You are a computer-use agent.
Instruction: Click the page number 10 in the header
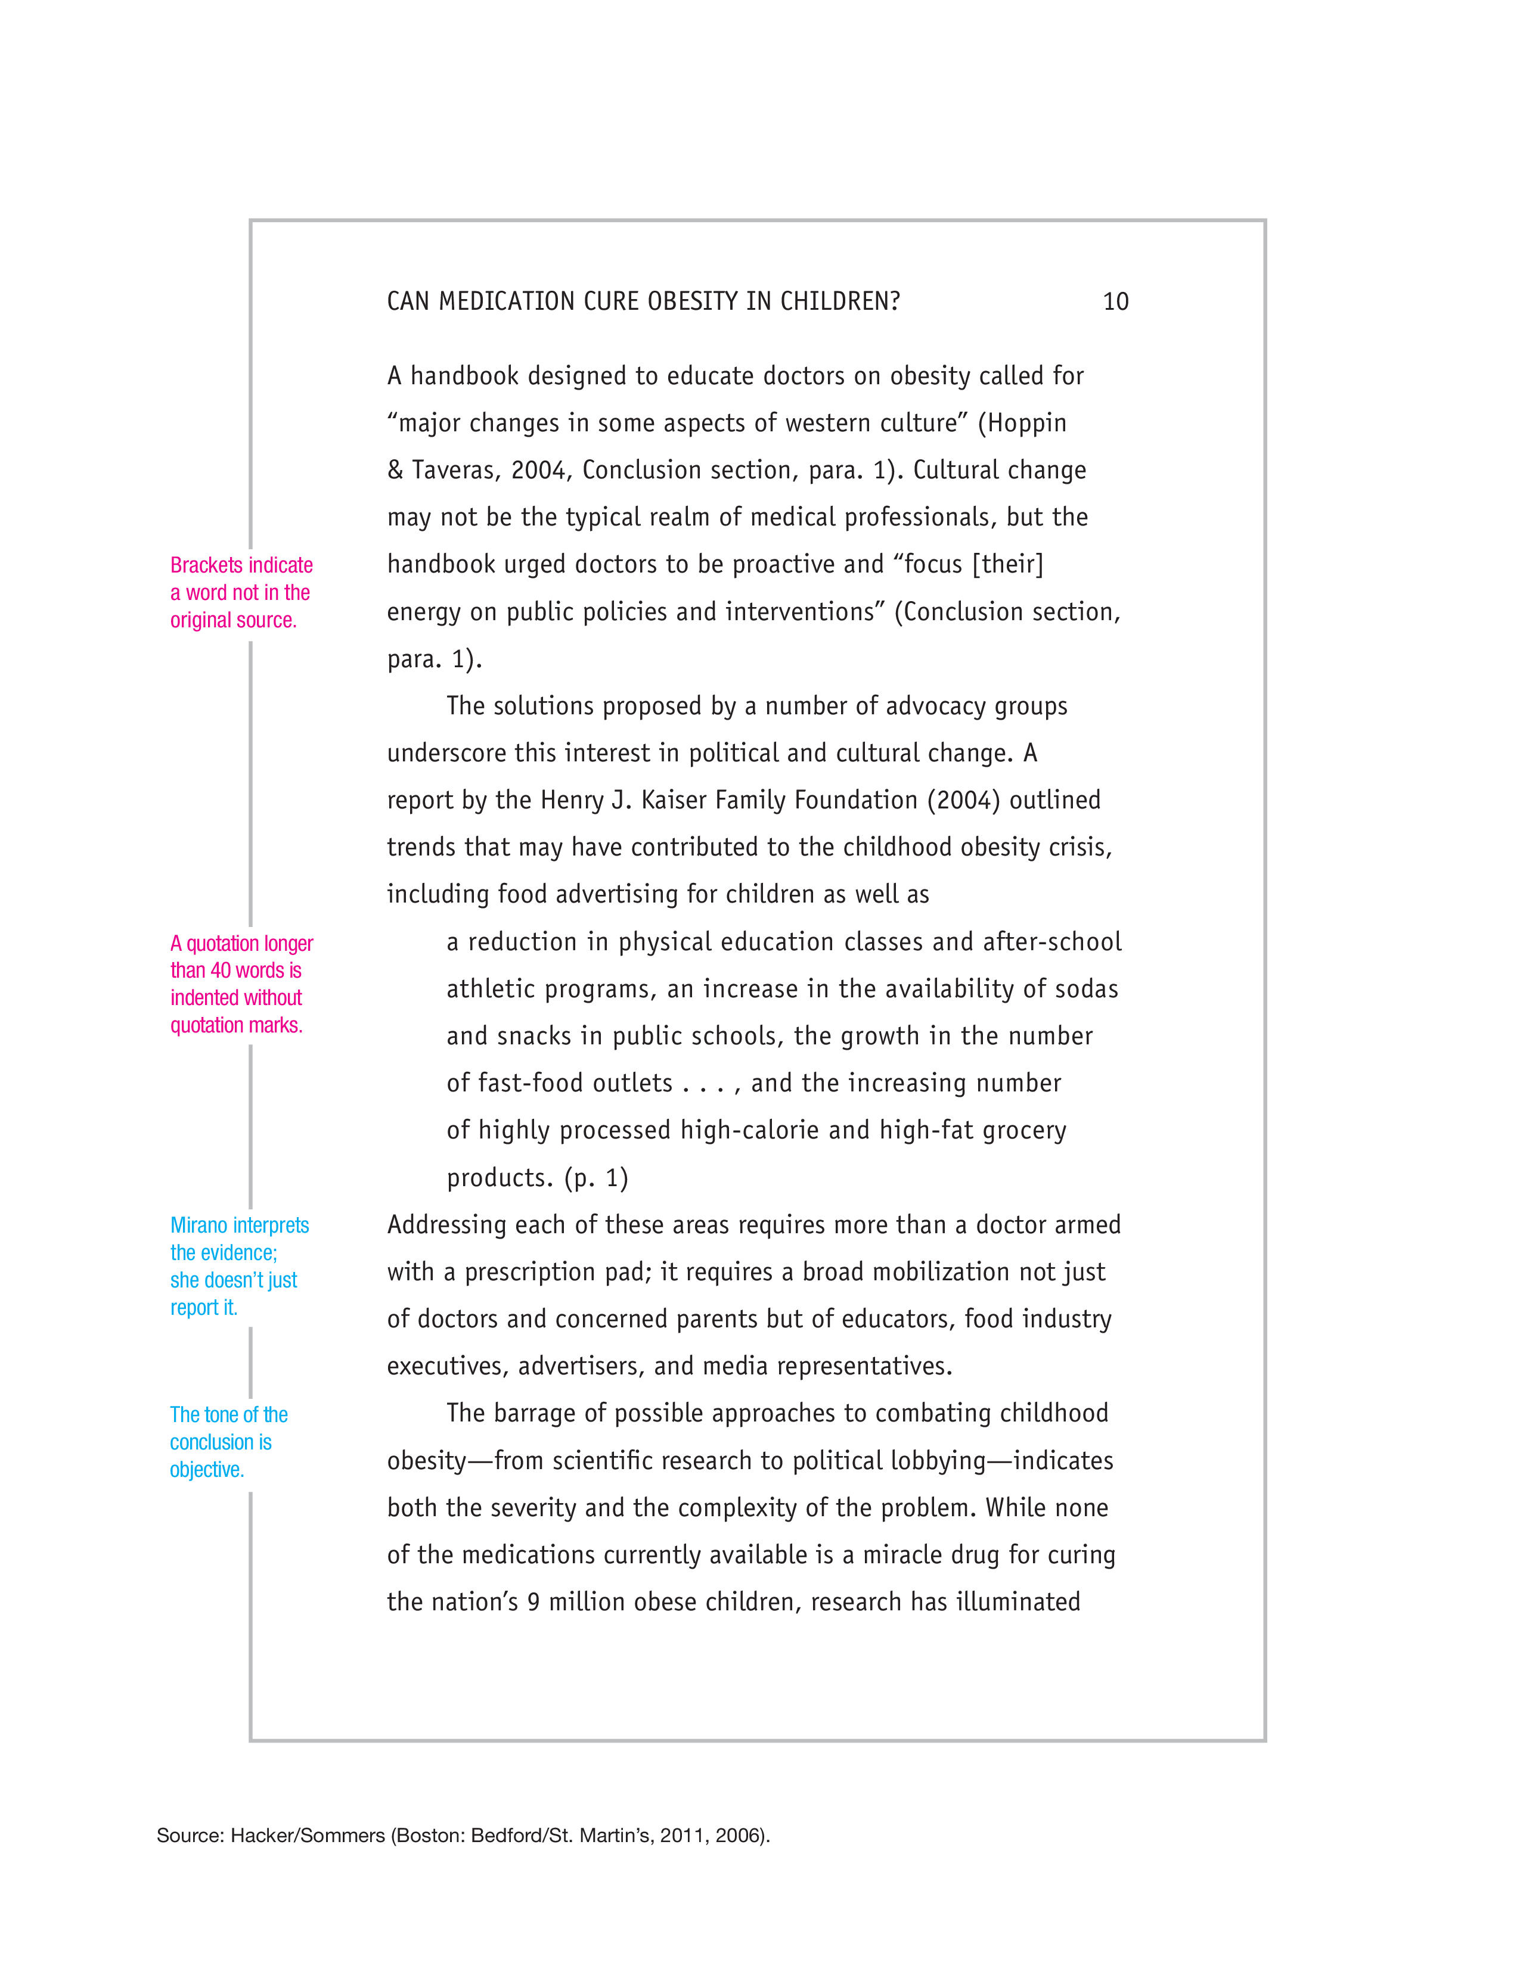[1116, 301]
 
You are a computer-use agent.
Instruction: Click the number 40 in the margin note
[222, 970]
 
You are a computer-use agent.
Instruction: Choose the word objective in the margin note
[207, 1470]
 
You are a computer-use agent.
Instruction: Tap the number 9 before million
[533, 1603]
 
